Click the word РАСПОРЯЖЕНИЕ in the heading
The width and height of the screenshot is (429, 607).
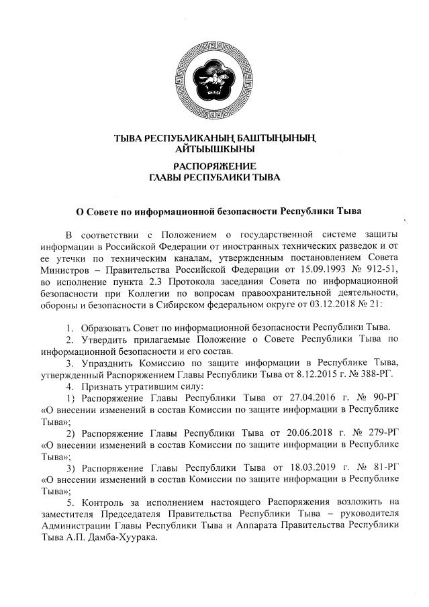point(214,165)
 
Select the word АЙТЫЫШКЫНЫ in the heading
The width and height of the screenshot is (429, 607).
point(214,148)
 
